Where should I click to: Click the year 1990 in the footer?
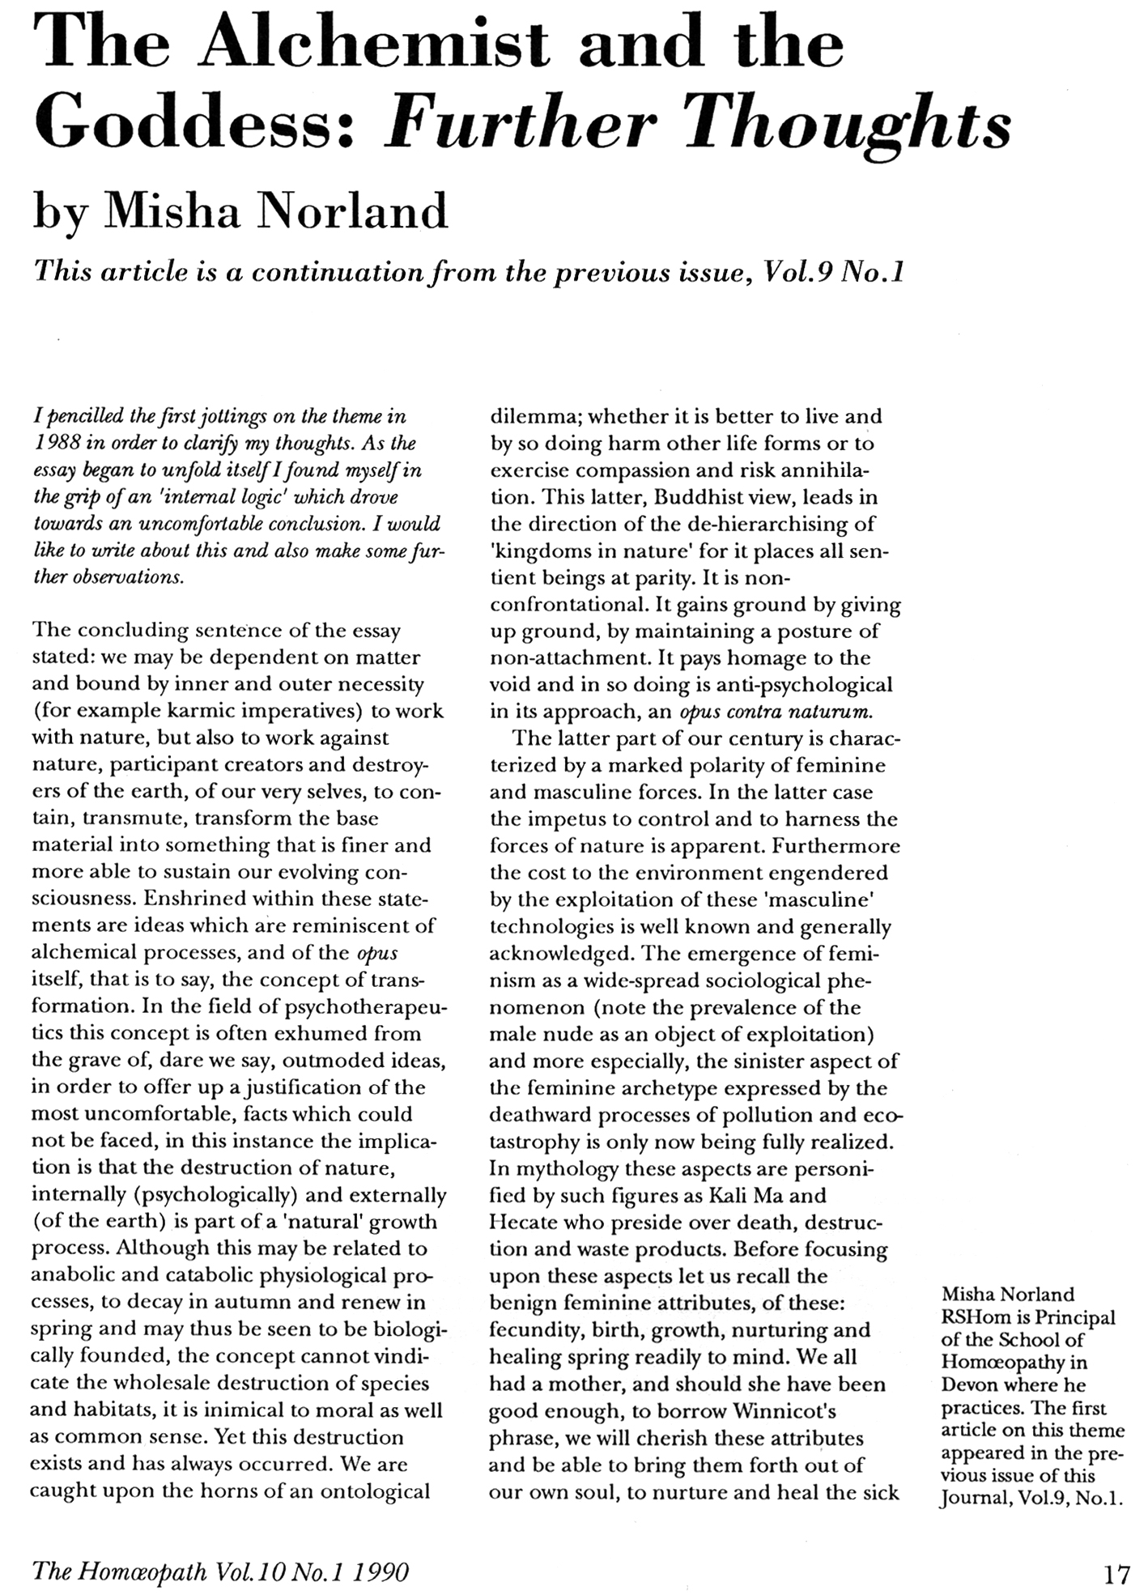(381, 1572)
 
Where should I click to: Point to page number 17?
(1116, 1573)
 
